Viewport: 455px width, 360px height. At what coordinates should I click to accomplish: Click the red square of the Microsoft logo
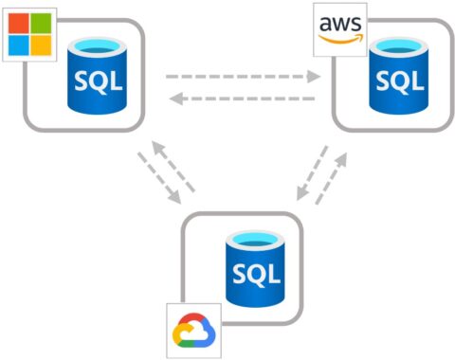point(19,22)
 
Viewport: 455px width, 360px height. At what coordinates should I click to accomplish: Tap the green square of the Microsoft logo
point(41,22)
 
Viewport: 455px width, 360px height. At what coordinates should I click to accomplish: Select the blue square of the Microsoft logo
point(19,44)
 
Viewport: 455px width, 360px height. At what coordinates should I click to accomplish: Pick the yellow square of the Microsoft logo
point(41,44)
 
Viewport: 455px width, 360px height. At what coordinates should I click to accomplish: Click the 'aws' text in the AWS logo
point(339,23)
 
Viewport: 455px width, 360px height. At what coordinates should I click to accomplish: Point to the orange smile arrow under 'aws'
point(340,37)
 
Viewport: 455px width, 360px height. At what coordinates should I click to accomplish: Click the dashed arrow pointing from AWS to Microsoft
point(243,98)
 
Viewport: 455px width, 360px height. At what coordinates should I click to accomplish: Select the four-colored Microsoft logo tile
point(29,32)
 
